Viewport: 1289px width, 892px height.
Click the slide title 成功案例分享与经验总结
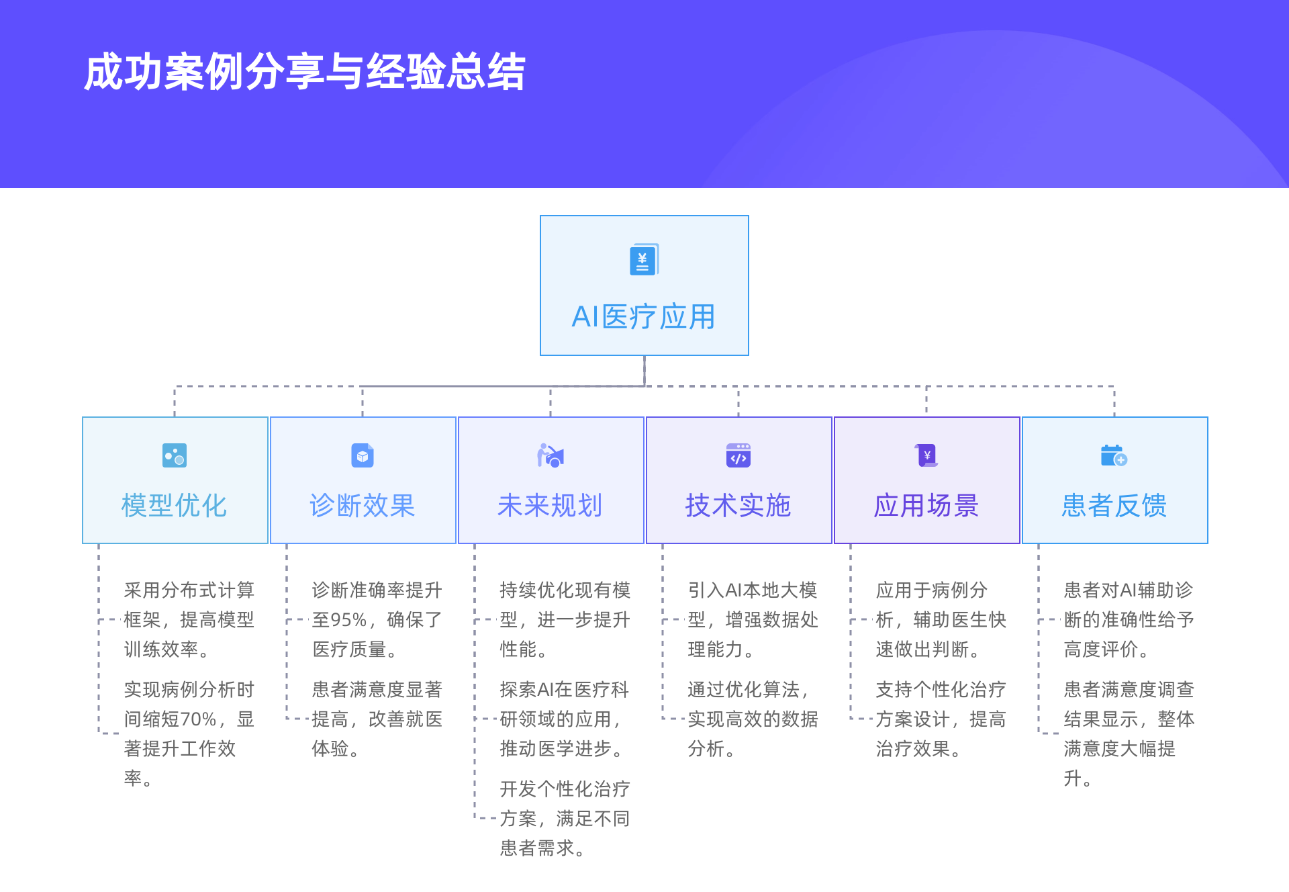point(305,72)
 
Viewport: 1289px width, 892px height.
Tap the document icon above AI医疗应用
point(644,259)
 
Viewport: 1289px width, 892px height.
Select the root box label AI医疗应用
point(644,317)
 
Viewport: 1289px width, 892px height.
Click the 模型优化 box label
point(175,506)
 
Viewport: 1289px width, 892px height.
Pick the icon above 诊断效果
point(363,455)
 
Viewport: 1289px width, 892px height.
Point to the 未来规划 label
point(551,506)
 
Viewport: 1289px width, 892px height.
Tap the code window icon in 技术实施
point(738,455)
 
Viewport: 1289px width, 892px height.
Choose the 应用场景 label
point(926,506)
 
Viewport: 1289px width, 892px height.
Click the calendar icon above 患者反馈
point(1114,455)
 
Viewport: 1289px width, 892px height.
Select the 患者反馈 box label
point(1114,506)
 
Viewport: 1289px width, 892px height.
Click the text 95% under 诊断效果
point(349,620)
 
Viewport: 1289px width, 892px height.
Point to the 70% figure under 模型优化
point(199,719)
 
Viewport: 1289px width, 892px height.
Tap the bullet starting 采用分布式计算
point(189,620)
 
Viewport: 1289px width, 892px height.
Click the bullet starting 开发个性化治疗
point(565,819)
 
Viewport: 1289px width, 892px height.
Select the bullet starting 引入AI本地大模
point(753,620)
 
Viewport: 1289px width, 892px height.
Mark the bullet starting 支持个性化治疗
point(941,719)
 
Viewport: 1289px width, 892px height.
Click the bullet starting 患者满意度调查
point(1129,734)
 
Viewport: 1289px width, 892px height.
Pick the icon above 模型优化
point(175,455)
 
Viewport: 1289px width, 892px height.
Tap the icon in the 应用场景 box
point(926,455)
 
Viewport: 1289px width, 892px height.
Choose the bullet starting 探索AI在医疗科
point(565,719)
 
